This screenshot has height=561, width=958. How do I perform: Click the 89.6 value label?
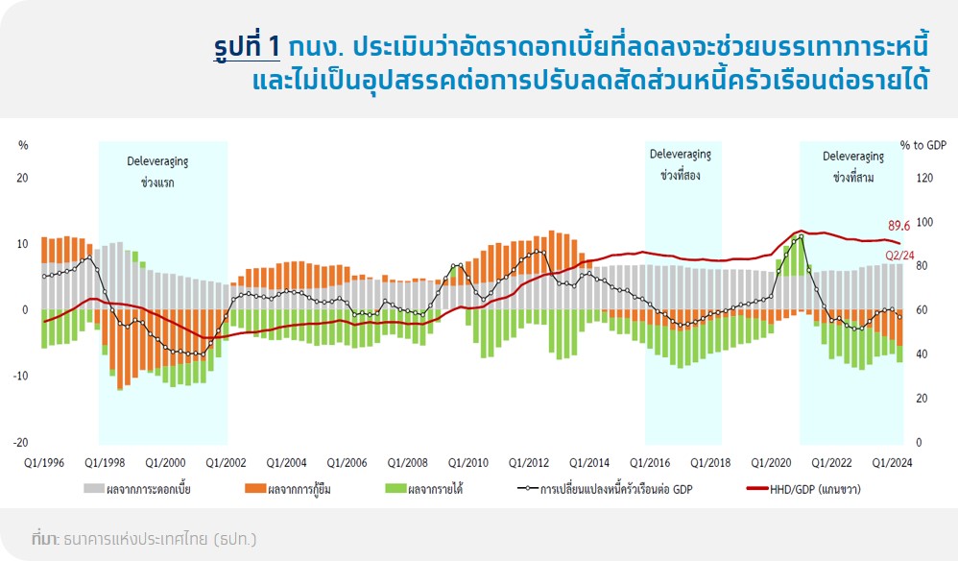[x=898, y=226]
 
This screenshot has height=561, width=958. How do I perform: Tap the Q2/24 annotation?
[x=900, y=256]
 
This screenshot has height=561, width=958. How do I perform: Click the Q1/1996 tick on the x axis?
[x=44, y=463]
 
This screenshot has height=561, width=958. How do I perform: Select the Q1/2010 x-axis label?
[x=468, y=463]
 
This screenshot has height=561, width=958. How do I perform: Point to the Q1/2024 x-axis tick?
[x=892, y=463]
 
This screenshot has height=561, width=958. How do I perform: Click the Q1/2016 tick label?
[x=650, y=463]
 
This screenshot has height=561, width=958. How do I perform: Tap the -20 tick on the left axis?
[x=21, y=443]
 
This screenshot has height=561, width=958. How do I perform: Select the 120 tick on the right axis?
[x=925, y=178]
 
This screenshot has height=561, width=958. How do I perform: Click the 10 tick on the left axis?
[x=22, y=244]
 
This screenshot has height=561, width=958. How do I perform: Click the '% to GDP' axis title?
[x=923, y=145]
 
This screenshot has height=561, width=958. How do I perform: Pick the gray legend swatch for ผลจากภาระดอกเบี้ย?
[x=93, y=488]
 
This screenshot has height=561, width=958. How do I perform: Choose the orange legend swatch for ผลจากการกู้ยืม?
[x=255, y=488]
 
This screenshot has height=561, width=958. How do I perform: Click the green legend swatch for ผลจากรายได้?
[x=395, y=488]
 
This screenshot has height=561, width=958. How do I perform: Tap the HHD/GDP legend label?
[x=815, y=489]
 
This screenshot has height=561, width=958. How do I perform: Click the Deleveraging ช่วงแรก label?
[x=157, y=172]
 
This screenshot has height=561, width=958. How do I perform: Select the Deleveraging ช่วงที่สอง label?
[x=680, y=164]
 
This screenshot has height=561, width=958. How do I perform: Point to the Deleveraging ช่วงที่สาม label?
[x=853, y=167]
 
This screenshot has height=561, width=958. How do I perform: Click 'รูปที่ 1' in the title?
[x=247, y=47]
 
